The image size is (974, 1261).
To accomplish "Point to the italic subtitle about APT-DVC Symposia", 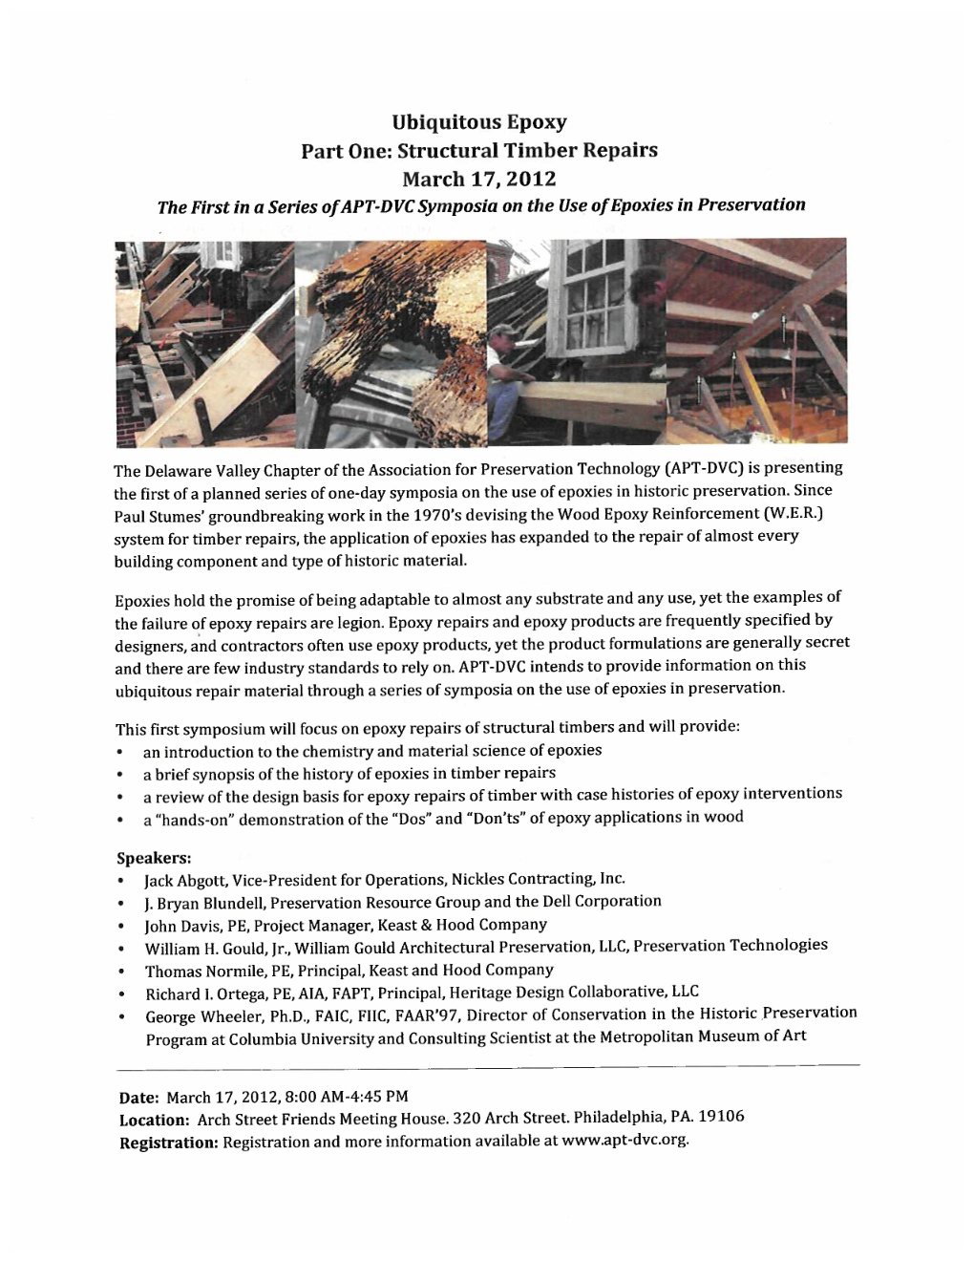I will pos(481,204).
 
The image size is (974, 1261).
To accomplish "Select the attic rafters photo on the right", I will pos(754,339).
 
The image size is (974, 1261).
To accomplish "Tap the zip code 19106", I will pos(722,1117).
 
